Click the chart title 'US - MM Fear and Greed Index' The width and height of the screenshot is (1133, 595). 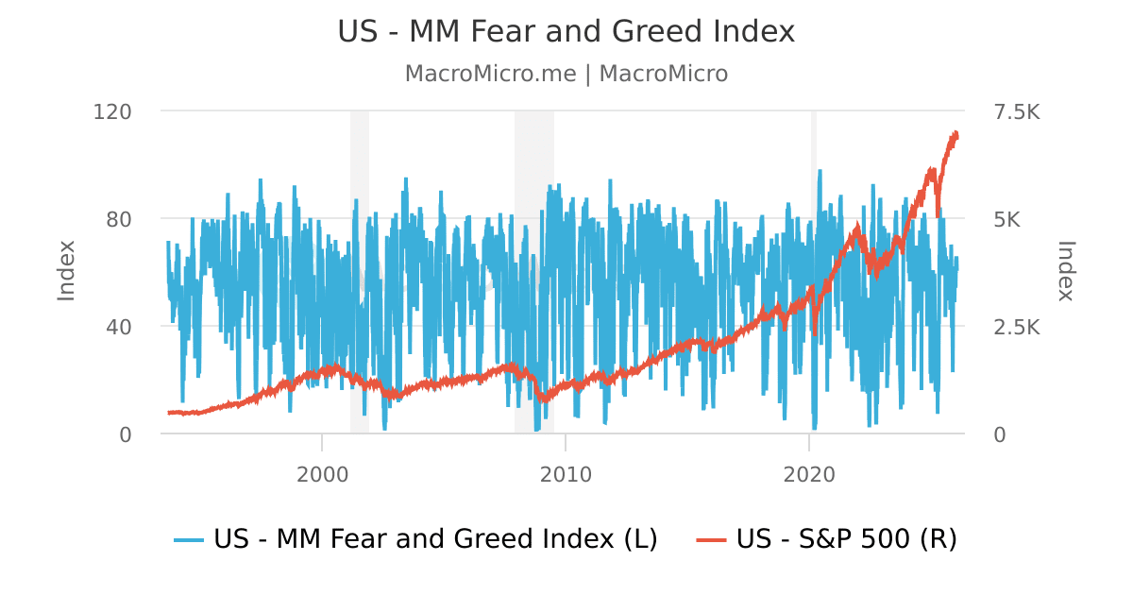click(x=566, y=31)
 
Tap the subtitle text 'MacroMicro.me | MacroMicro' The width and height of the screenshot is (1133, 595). click(x=566, y=74)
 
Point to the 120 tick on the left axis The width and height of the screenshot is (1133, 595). click(x=112, y=111)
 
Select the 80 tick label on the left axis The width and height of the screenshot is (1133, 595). click(x=119, y=219)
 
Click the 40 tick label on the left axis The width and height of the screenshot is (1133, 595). click(x=119, y=328)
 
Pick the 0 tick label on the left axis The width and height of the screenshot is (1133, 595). click(x=126, y=435)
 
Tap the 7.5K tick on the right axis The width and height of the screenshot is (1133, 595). click(x=1017, y=111)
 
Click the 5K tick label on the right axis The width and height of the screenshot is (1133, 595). click(x=1007, y=219)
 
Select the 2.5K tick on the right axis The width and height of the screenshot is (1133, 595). click(x=1017, y=328)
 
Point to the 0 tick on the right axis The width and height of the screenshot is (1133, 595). click(x=1000, y=435)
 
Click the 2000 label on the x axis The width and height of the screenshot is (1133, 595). click(x=322, y=475)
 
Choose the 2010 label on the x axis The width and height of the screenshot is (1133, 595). click(x=566, y=475)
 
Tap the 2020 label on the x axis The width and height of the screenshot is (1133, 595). click(x=809, y=475)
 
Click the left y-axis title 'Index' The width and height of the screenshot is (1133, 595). click(x=66, y=271)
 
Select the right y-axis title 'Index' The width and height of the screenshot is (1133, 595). click(x=1066, y=271)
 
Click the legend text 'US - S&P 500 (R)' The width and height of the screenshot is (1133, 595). click(x=847, y=538)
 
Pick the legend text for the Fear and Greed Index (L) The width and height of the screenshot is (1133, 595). click(x=435, y=538)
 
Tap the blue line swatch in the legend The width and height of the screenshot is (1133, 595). click(x=189, y=540)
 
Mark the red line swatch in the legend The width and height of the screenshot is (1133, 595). click(x=711, y=540)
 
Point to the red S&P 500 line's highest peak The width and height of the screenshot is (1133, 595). click(x=955, y=132)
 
